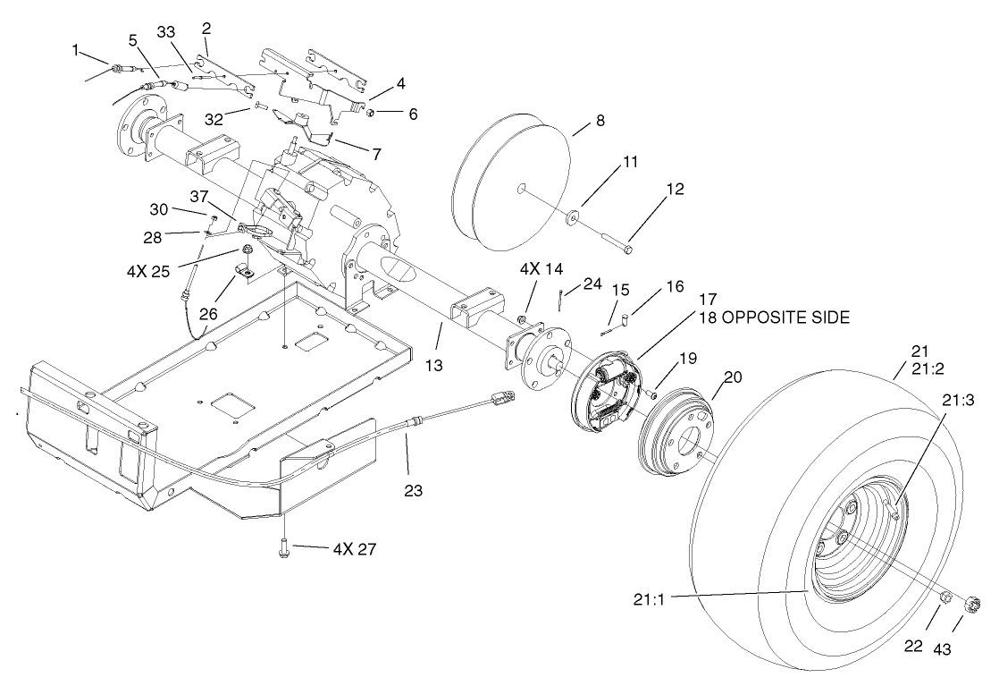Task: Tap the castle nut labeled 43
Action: point(973,604)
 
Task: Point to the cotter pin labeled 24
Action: point(560,296)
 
